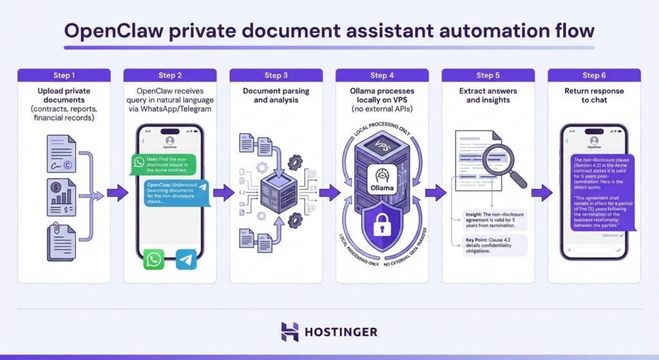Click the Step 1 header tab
click(64, 75)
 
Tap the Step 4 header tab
click(382, 75)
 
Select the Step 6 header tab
click(594, 75)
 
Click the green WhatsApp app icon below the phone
click(154, 260)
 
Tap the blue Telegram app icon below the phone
click(186, 260)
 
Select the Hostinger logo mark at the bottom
click(290, 332)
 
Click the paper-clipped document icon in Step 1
click(62, 239)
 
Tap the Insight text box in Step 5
click(495, 220)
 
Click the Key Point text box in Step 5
click(495, 245)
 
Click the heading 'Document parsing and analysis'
click(275, 95)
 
